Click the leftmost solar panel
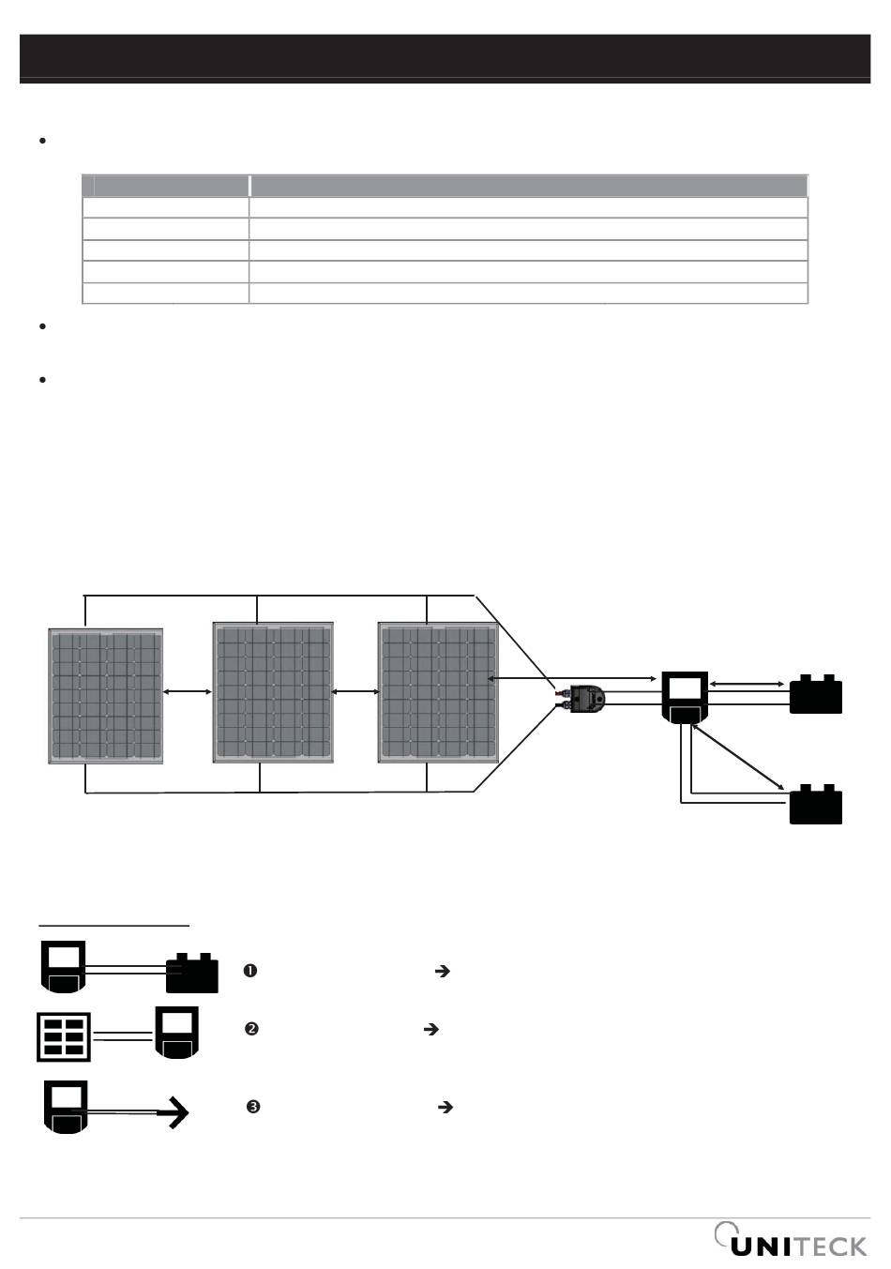(x=106, y=695)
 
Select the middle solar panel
(x=273, y=692)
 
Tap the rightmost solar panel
(x=438, y=692)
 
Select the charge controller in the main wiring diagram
(x=685, y=697)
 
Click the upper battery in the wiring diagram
(x=816, y=695)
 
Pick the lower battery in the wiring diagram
(x=816, y=806)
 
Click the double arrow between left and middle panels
(x=188, y=692)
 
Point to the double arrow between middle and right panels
(x=355, y=692)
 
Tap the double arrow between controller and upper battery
(x=748, y=685)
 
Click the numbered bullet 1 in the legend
(x=250, y=972)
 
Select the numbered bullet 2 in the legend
(x=251, y=1029)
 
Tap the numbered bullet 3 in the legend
(x=253, y=1107)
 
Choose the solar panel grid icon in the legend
(x=65, y=1036)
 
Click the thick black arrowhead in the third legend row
(x=177, y=1112)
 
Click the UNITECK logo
(x=792, y=1242)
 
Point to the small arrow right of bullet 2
(x=431, y=1029)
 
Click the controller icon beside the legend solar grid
(x=177, y=1032)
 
